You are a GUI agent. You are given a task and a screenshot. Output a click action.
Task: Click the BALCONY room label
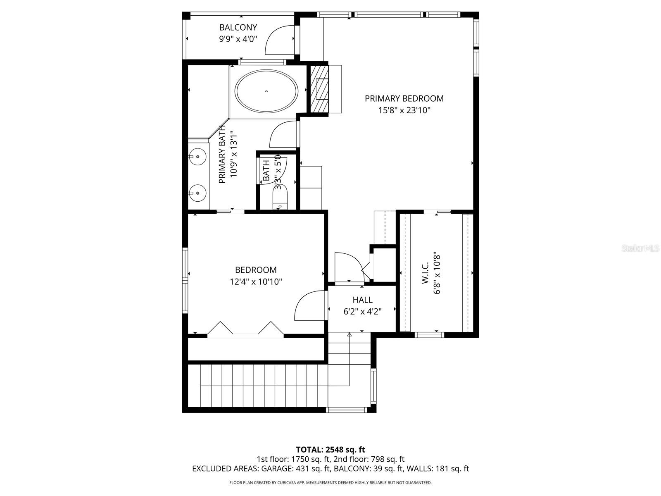tap(238, 27)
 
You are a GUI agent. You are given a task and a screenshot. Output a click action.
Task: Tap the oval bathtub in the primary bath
tap(266, 91)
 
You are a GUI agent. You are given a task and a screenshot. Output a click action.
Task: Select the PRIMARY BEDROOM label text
tap(404, 98)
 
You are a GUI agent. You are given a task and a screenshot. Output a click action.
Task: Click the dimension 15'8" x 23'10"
tap(404, 110)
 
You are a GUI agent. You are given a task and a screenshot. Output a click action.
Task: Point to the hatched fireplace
tap(319, 88)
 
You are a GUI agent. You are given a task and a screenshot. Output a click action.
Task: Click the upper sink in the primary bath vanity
tap(197, 157)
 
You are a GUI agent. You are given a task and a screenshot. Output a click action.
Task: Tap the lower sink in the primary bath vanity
tap(197, 192)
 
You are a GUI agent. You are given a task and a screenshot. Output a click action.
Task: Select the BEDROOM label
tap(256, 270)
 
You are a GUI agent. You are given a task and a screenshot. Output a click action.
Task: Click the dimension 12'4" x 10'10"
tap(256, 282)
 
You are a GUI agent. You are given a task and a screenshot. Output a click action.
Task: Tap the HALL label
tap(362, 300)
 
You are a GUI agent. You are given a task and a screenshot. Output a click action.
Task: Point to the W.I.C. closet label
tap(425, 274)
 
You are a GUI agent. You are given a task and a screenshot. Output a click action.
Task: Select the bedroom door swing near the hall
tap(308, 306)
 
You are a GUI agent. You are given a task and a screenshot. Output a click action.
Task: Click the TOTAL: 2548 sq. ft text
tap(330, 450)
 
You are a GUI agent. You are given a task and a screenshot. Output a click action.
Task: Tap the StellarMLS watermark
tap(640, 248)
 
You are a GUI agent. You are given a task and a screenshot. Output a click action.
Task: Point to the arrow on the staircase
tap(350, 335)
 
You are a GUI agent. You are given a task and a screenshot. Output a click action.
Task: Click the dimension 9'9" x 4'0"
tap(238, 39)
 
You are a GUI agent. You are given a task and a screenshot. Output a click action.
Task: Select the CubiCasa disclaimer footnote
tap(330, 482)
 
